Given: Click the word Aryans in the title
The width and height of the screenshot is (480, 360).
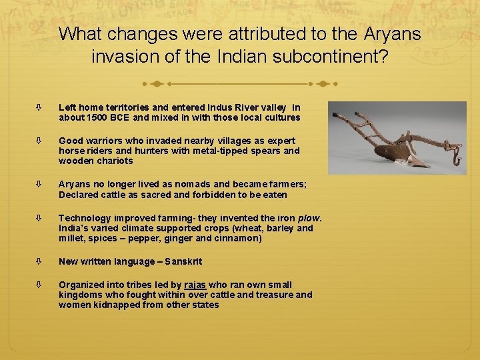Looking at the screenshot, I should point(393,34).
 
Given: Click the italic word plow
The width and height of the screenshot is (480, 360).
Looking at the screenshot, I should point(308,218).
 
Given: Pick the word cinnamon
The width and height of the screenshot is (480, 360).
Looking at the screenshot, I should point(239,238).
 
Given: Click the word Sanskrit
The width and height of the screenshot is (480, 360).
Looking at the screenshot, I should point(181,261).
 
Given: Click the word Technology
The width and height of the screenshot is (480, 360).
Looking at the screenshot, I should point(85,218).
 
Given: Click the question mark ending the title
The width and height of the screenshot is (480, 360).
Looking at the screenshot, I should point(383,57).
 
